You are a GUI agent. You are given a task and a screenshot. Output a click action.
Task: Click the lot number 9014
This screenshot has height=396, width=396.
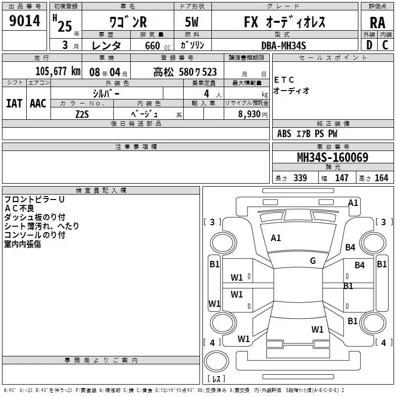[x=24, y=21]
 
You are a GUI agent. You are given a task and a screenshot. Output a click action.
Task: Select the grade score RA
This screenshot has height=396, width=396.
[x=377, y=23]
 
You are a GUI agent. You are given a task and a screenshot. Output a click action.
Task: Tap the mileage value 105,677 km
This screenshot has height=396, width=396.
[x=58, y=71]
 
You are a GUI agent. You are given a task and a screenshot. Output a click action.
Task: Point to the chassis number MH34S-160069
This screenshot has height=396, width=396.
[x=333, y=157]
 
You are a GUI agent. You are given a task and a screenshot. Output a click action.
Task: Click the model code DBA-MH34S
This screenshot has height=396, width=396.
[x=284, y=46]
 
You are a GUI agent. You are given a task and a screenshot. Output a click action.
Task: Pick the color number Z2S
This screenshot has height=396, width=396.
[x=82, y=114]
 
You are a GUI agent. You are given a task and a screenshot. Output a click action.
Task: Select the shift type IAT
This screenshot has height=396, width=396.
[x=14, y=103]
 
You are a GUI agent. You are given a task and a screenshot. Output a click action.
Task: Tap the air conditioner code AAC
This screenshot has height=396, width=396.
[x=38, y=103]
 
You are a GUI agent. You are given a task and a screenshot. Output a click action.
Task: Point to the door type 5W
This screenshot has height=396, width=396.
[x=192, y=22]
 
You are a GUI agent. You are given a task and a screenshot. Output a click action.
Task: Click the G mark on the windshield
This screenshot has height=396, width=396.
[x=313, y=260]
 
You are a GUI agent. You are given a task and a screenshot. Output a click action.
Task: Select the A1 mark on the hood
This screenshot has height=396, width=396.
[x=276, y=238]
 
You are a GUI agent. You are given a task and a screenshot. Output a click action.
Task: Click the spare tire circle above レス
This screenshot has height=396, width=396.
[x=216, y=361]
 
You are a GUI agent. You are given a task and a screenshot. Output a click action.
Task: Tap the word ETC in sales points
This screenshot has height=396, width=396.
[x=284, y=80]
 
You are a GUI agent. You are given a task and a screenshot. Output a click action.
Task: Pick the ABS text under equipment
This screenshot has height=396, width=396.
[x=284, y=133]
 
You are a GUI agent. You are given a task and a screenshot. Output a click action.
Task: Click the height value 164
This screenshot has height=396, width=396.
[x=381, y=178]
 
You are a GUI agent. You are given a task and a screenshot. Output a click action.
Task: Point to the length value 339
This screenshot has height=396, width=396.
[x=300, y=178]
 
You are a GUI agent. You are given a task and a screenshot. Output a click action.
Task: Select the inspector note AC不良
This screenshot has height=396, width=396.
[x=19, y=208]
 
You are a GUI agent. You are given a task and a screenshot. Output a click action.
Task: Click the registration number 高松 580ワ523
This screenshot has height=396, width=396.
[x=185, y=72]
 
